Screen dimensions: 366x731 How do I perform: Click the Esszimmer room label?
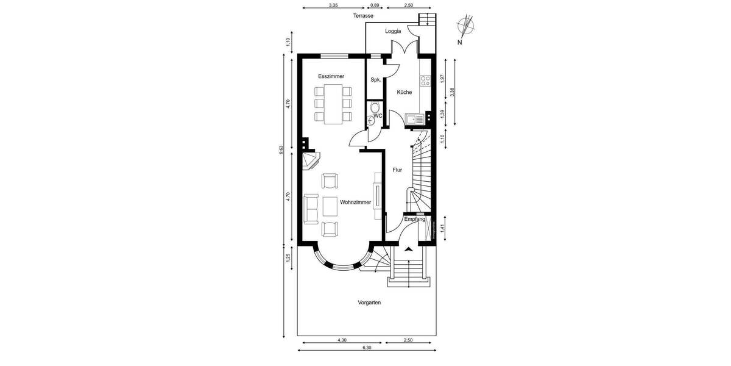pyautogui.click(x=331, y=76)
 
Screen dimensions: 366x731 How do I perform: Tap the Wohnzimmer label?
pyautogui.click(x=355, y=202)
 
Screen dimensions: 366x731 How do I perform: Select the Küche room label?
pyautogui.click(x=404, y=93)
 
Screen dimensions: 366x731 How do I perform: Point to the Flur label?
pyautogui.click(x=397, y=170)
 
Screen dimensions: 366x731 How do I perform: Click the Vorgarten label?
pyautogui.click(x=369, y=302)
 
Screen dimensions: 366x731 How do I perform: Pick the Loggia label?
pyautogui.click(x=393, y=31)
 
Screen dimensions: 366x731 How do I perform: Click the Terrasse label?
pyautogui.click(x=363, y=16)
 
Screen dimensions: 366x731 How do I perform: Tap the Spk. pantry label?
pyautogui.click(x=376, y=80)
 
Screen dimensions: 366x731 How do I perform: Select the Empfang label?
pyautogui.click(x=414, y=219)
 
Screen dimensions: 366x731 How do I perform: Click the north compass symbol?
pyautogui.click(x=467, y=27)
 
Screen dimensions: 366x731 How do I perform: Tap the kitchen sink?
pyautogui.click(x=416, y=119)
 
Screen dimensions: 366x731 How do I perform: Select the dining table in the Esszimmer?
pyautogui.click(x=333, y=104)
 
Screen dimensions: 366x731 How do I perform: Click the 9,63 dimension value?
pyautogui.click(x=281, y=149)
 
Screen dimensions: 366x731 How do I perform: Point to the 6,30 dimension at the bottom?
pyautogui.click(x=367, y=348)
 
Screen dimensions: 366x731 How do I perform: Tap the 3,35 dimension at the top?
pyautogui.click(x=333, y=5)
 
